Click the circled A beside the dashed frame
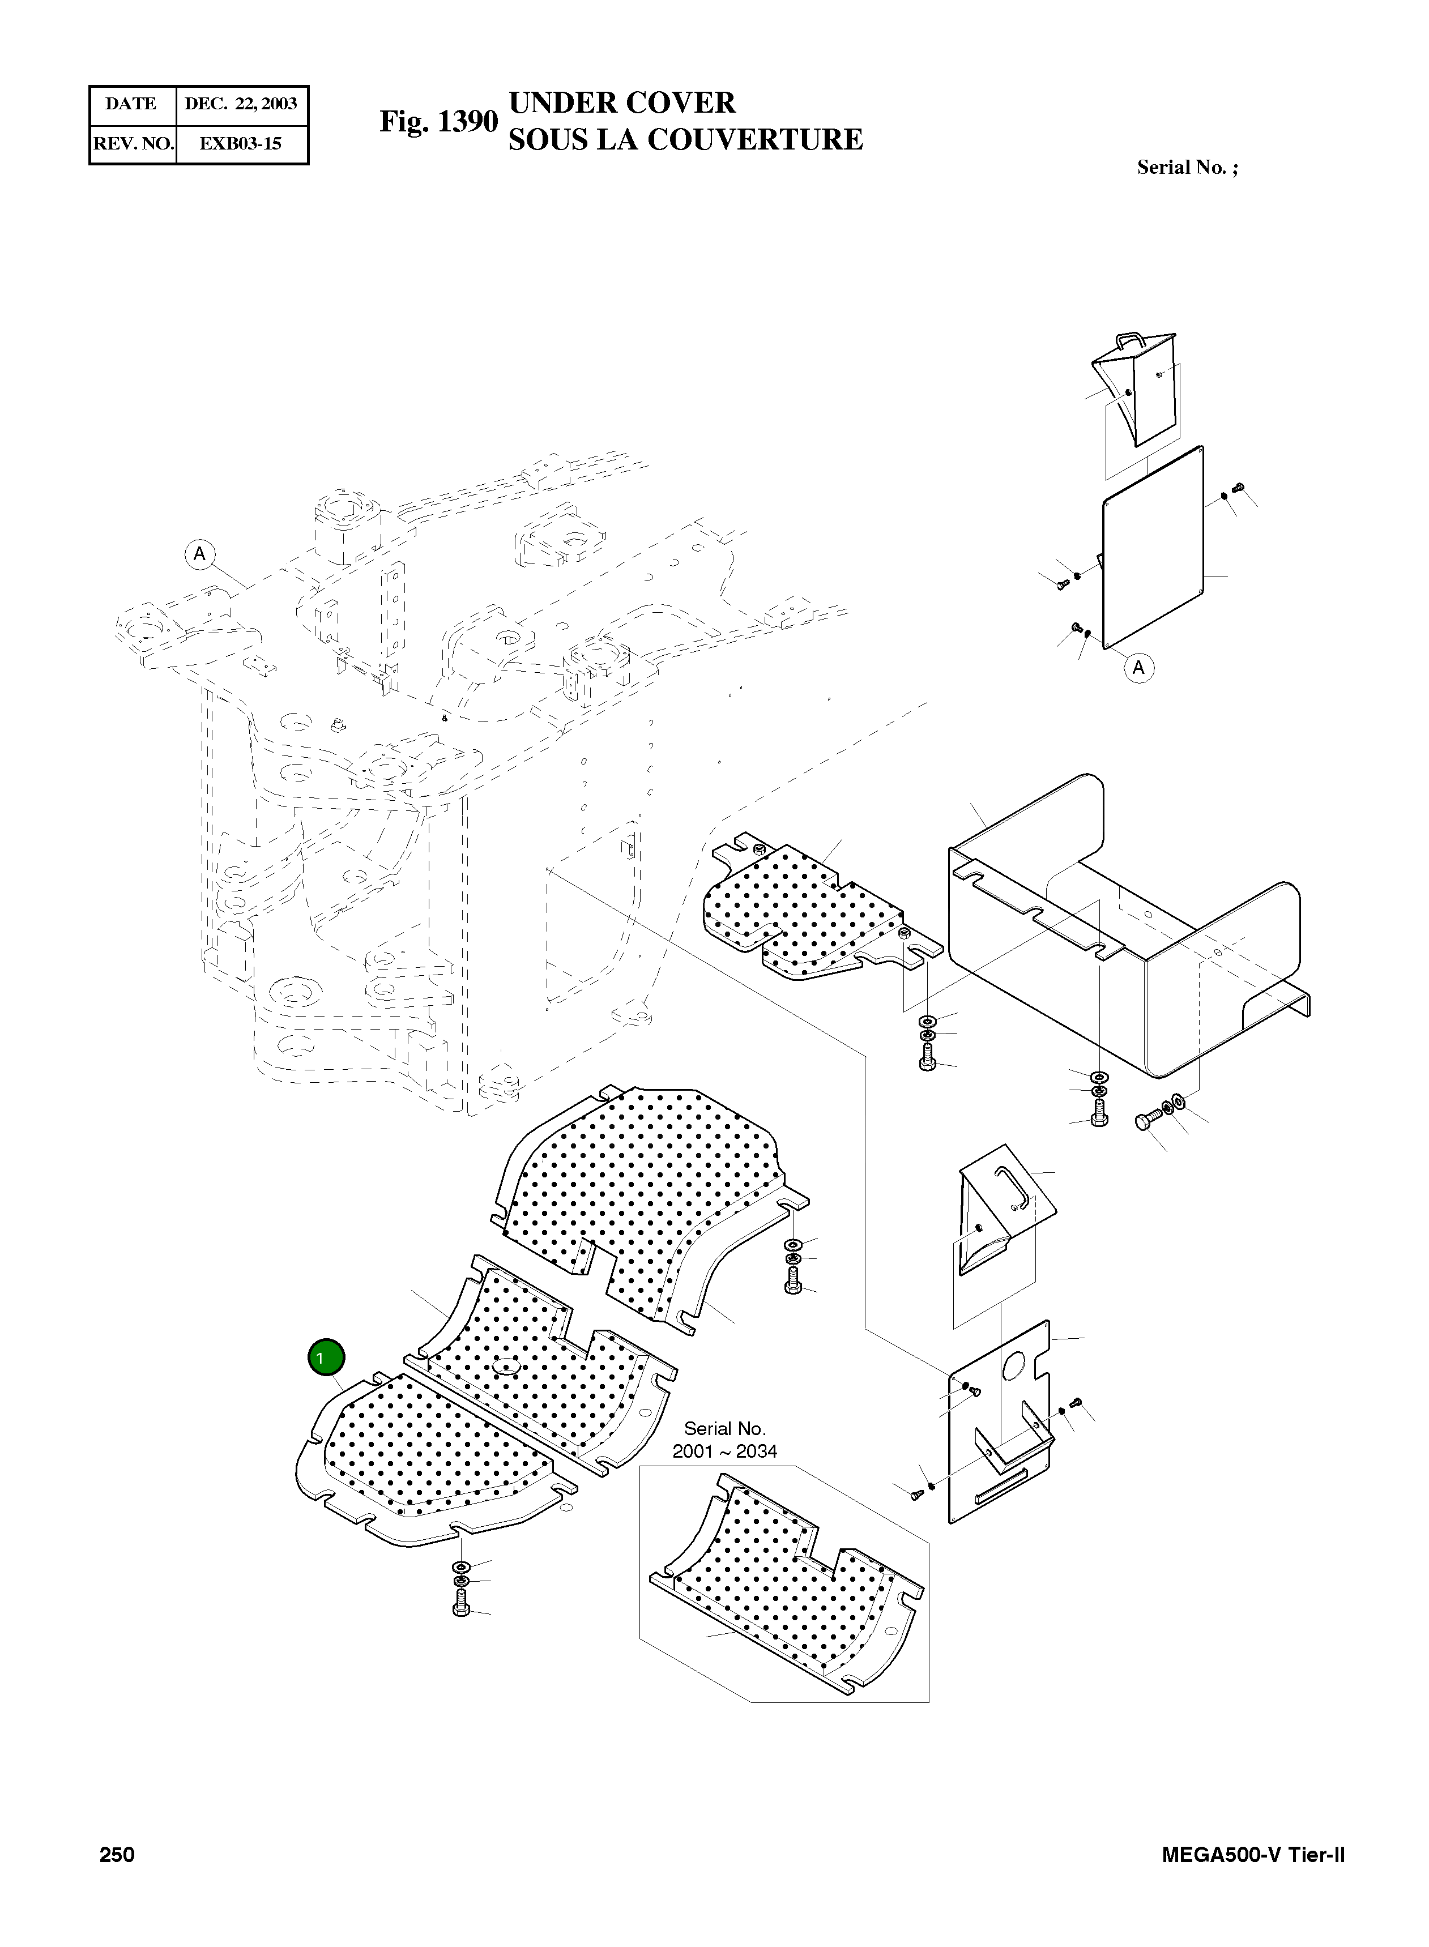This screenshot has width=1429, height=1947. tap(200, 553)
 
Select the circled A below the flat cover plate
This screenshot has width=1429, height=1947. tap(1138, 668)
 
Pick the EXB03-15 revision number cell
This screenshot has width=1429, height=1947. tap(241, 144)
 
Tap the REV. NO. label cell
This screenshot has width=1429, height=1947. tap(133, 144)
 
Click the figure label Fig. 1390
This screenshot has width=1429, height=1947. tap(438, 122)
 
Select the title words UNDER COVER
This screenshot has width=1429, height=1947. tap(622, 103)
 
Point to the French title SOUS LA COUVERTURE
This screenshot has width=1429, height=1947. tap(685, 140)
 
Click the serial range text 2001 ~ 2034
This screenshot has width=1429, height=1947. tap(725, 1451)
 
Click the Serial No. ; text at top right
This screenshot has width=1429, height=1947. tap(1187, 168)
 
